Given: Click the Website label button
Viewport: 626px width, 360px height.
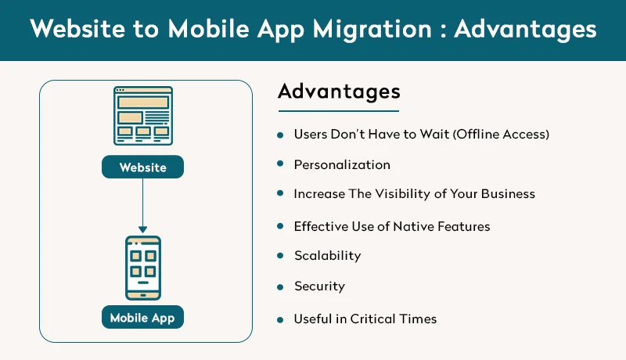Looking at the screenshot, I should (x=142, y=167).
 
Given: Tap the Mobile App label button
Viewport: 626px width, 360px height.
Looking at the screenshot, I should (x=142, y=318).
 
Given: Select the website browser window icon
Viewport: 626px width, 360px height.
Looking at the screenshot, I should (x=142, y=116).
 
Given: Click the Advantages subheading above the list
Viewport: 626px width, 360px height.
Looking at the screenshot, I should (x=339, y=91).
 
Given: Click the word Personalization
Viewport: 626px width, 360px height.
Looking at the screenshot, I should (x=341, y=165).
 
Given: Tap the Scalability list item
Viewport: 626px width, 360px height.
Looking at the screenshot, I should (x=327, y=256).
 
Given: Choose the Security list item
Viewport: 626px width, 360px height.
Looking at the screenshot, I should (x=318, y=286).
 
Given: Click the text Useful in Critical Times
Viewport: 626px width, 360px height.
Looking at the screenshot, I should (x=365, y=319).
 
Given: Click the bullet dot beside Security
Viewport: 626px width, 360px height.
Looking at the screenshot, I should (x=280, y=287).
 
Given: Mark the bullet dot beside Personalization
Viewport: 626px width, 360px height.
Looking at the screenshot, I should (x=280, y=165).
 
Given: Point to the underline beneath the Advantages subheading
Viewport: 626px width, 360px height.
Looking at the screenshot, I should (x=338, y=110).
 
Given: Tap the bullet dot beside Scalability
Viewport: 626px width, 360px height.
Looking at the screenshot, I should (x=280, y=257).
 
